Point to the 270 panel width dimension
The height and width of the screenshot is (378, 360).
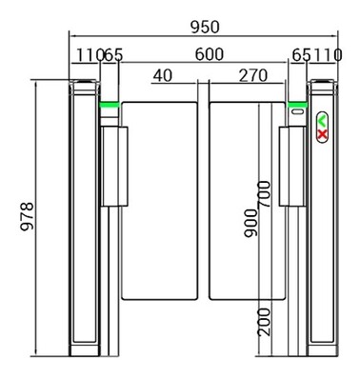tap(250, 74)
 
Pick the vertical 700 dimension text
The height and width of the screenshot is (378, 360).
tap(264, 196)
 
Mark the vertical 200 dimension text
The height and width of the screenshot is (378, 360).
tap(264, 324)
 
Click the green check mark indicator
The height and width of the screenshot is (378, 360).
tap(322, 121)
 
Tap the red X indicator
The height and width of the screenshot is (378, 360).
tap(322, 134)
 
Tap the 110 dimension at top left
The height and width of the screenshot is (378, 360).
tap(90, 55)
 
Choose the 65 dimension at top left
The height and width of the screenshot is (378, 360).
tap(112, 55)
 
